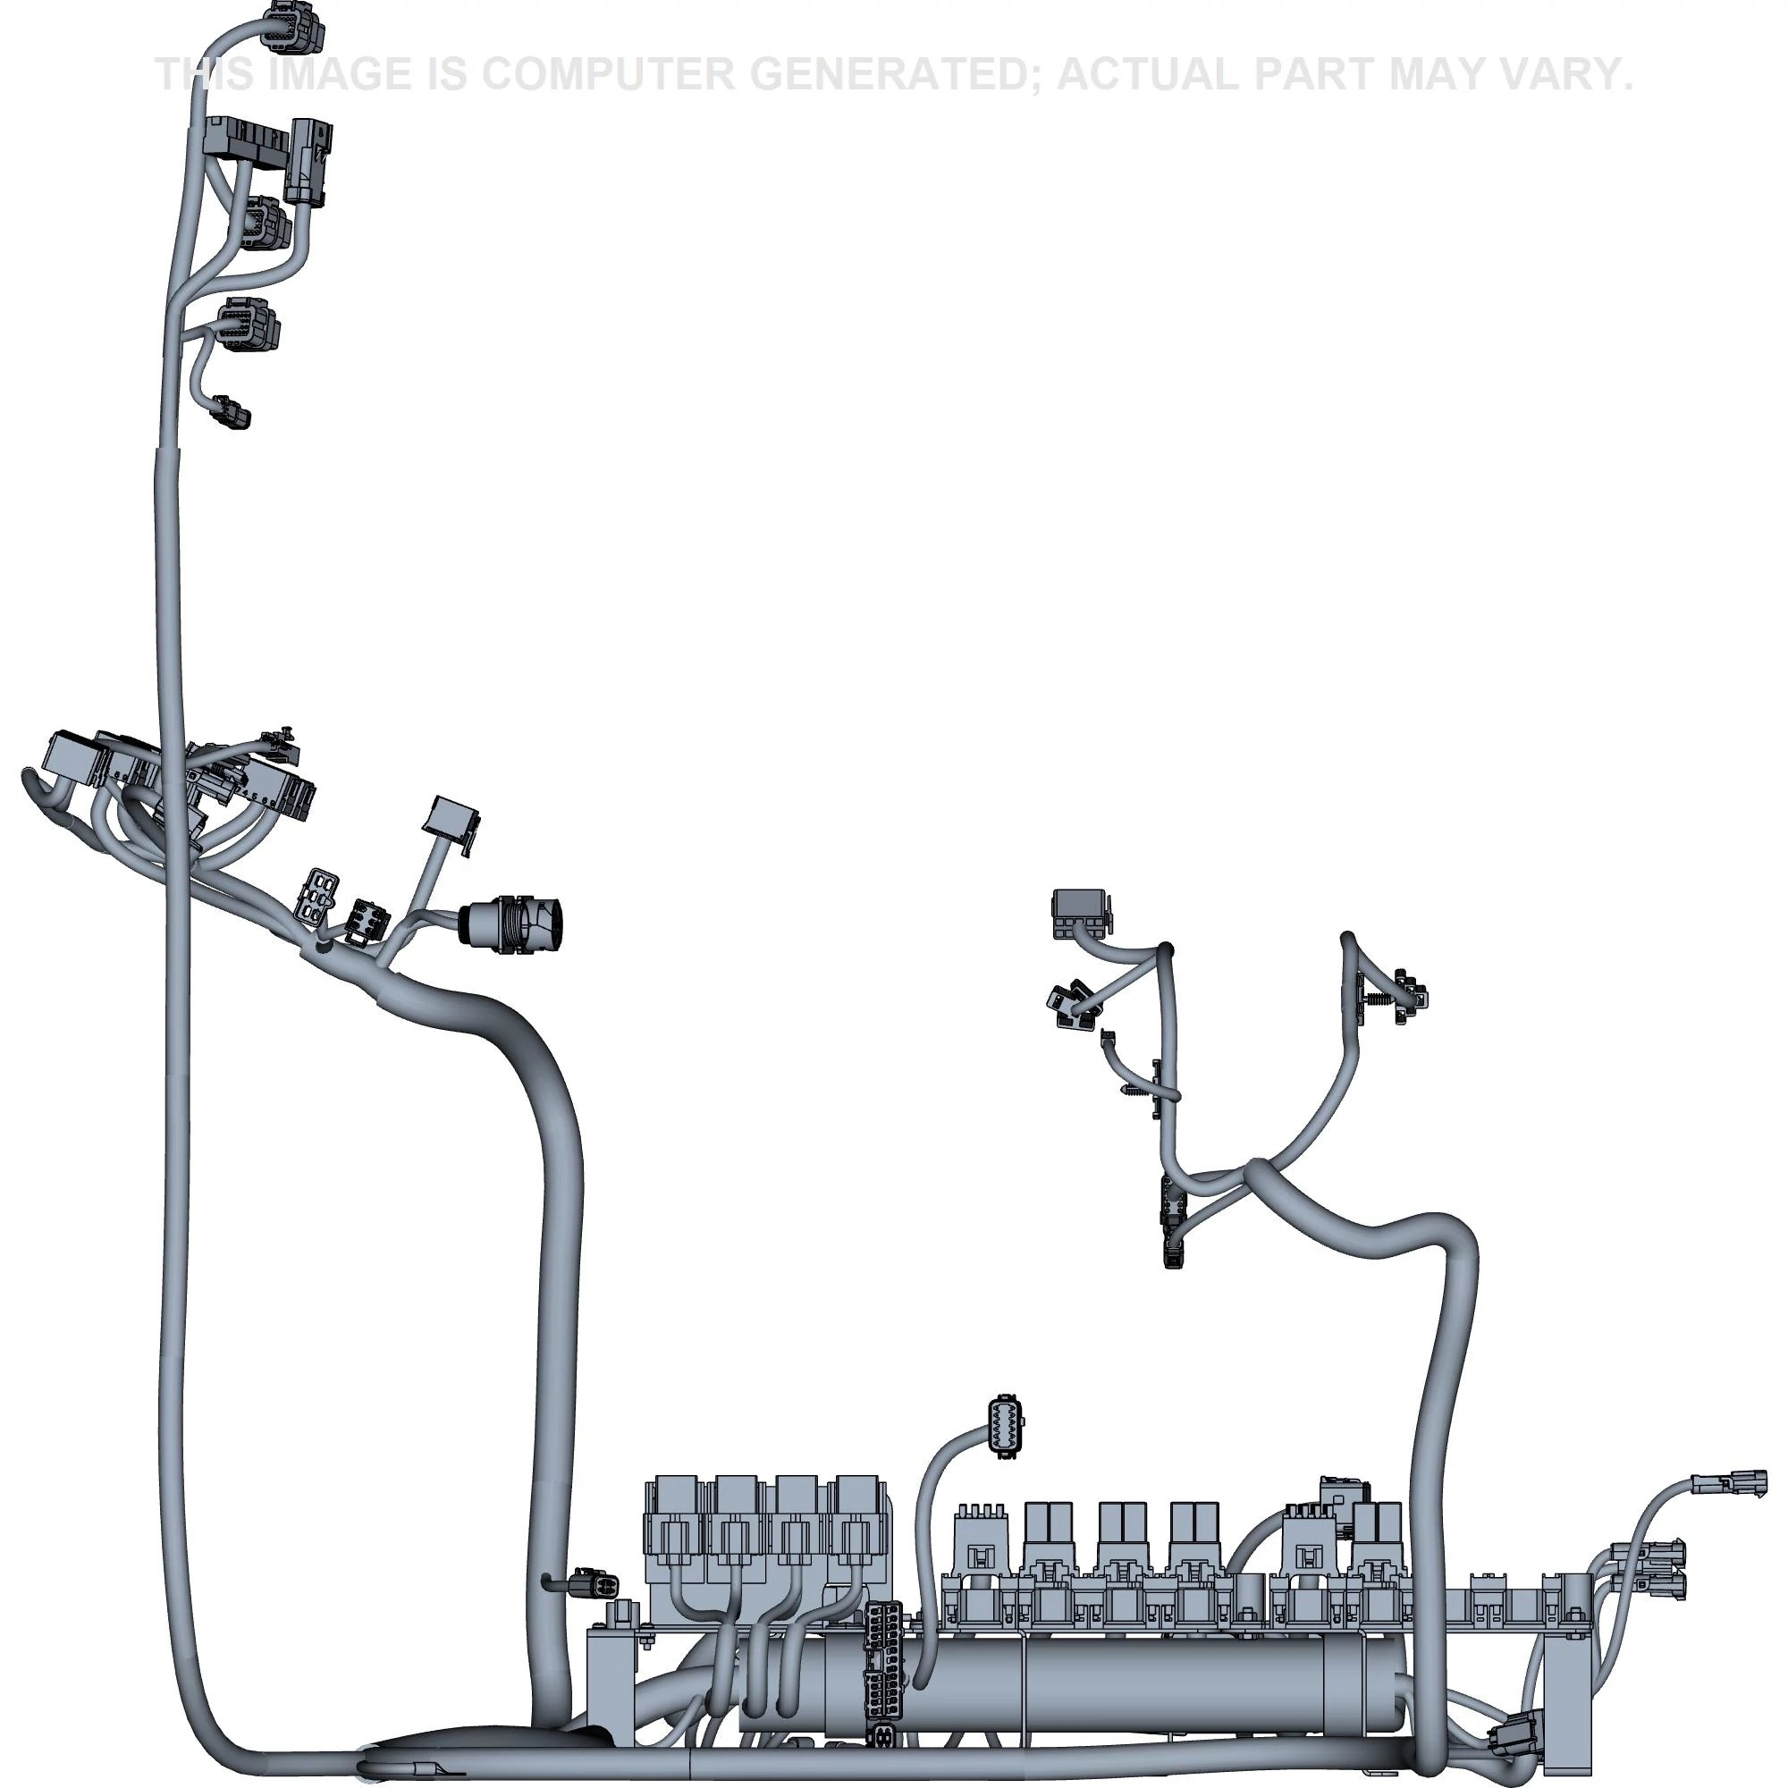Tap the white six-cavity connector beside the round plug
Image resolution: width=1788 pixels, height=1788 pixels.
click(x=316, y=895)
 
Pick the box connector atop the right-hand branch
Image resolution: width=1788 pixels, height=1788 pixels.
click(x=1080, y=913)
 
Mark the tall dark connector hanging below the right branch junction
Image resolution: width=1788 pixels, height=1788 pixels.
click(x=1173, y=1221)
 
